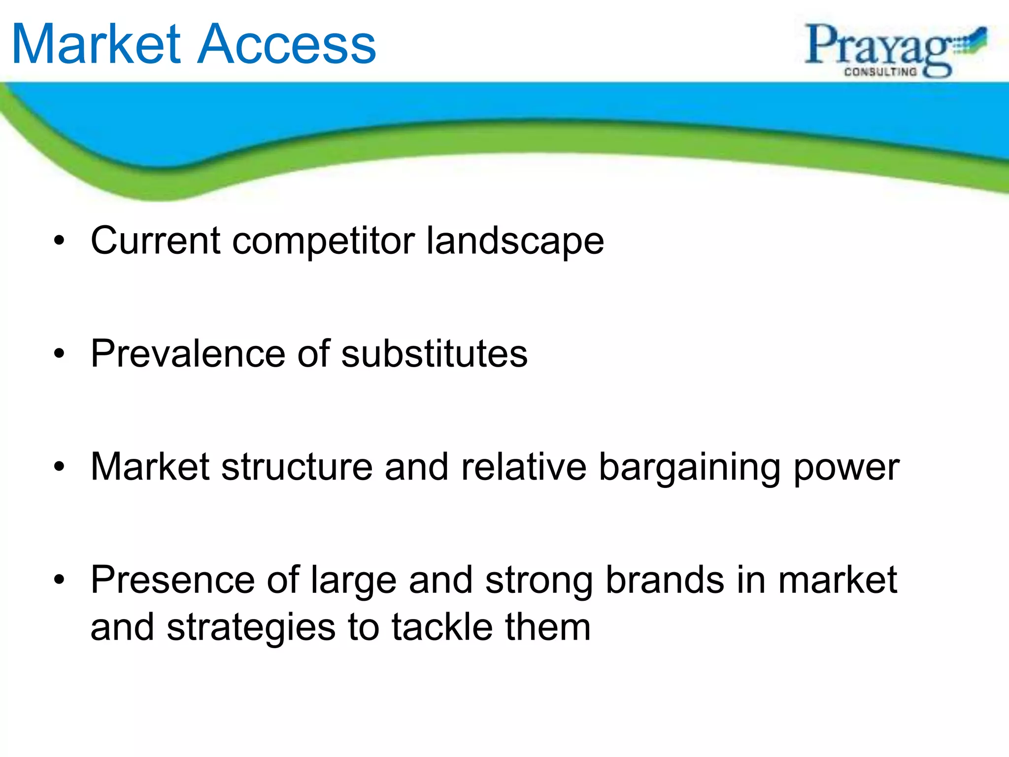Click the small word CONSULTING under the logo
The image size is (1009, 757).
pos(880,72)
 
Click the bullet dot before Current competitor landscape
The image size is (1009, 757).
pos(60,241)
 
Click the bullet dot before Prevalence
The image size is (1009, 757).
pos(60,354)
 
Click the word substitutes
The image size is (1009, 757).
pos(434,354)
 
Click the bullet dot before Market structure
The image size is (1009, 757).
pos(60,467)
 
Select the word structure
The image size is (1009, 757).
pos(297,467)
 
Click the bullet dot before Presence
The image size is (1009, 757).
pos(60,580)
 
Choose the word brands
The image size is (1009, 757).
pos(665,580)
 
